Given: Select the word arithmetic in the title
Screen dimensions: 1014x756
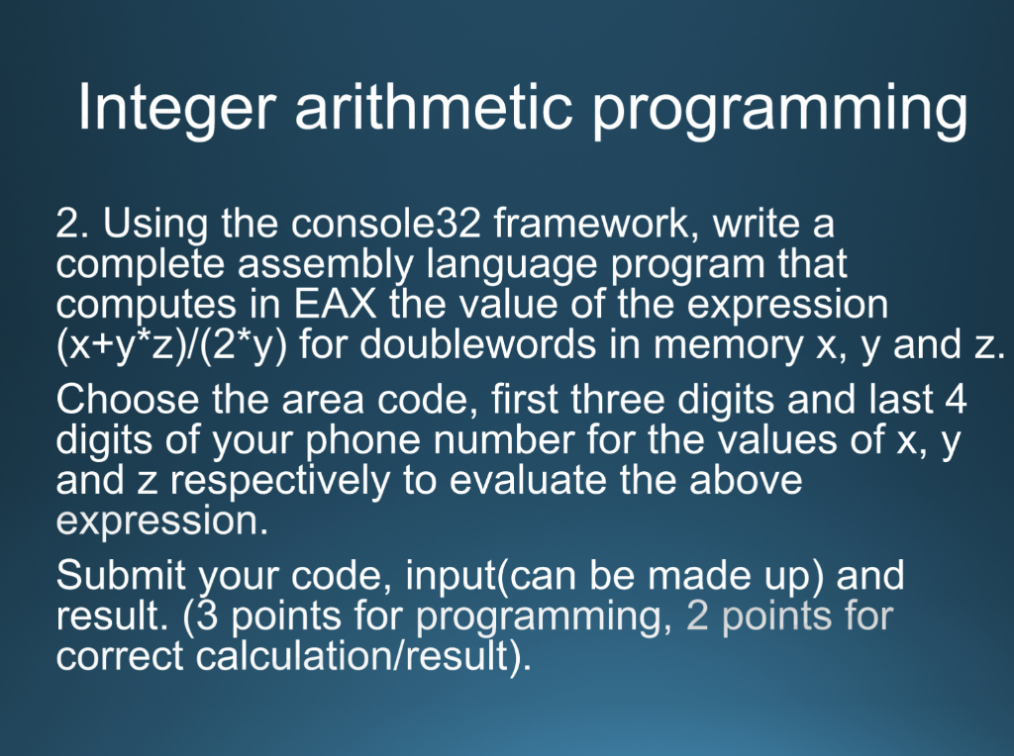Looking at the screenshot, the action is (x=434, y=106).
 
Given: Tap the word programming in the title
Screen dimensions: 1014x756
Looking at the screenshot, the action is (x=780, y=111).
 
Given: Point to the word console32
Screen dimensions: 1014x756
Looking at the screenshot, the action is (x=386, y=224).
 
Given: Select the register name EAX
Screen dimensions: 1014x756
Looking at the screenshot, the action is (x=335, y=305).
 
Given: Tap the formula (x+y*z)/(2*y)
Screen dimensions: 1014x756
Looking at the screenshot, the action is (x=171, y=345).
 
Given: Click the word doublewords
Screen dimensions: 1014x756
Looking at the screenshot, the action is (x=478, y=344).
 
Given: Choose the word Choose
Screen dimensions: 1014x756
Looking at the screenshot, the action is (x=128, y=400).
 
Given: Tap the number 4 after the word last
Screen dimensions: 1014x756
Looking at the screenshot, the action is (x=956, y=400).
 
